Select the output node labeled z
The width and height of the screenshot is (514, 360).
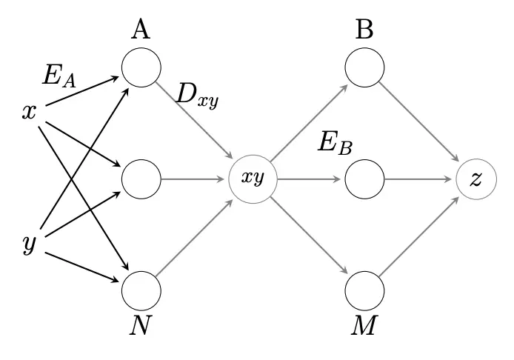click(476, 179)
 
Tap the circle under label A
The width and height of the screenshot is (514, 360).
click(141, 67)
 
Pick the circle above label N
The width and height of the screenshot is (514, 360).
click(141, 290)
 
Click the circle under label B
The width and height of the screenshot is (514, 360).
click(365, 67)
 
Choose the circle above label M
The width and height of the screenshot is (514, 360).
click(365, 290)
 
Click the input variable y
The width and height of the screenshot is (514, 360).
click(30, 244)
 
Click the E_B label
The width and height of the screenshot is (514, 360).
click(335, 143)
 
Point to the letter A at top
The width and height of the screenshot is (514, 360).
click(141, 30)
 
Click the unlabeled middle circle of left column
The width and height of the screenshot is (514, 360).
click(141, 179)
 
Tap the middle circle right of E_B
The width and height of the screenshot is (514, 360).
click(365, 179)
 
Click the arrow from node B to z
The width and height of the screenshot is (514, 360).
click(421, 124)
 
